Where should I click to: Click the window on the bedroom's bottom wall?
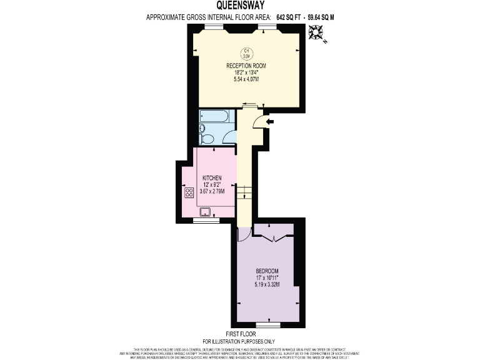click(x=269, y=325)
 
